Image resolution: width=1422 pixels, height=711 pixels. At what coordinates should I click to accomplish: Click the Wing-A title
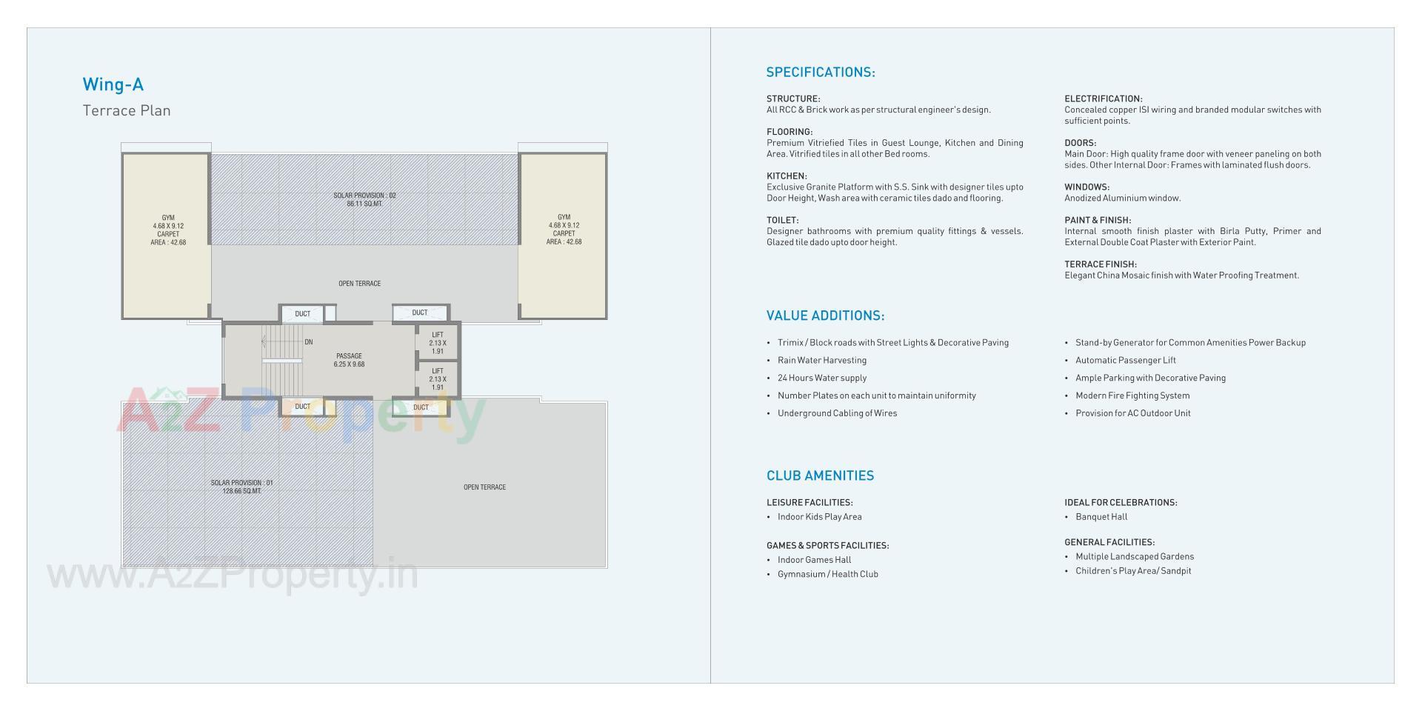113,84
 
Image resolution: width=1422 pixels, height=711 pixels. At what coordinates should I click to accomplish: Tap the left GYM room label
168,230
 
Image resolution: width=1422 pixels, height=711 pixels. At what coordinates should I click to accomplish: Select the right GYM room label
564,230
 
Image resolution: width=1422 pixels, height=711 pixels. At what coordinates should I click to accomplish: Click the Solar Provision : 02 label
364,199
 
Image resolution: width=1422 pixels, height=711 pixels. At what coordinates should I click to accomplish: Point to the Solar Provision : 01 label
241,487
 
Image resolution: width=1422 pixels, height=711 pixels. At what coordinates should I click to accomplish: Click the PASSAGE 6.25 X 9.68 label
349,360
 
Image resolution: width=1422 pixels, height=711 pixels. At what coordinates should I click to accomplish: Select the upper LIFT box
437,343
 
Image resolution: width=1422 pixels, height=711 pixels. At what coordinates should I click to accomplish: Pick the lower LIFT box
437,379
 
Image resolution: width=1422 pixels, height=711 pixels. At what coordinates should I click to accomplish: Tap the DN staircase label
309,342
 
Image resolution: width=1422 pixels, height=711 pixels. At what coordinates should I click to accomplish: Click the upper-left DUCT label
302,314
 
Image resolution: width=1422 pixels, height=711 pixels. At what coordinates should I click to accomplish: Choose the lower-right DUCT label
421,407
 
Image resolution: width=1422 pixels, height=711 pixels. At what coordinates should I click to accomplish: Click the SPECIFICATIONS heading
820,73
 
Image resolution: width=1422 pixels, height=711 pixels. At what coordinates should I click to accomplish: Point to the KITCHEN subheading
786,176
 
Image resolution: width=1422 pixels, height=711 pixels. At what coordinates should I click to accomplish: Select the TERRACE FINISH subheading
1100,264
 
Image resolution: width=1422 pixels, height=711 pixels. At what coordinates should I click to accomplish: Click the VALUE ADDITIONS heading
825,316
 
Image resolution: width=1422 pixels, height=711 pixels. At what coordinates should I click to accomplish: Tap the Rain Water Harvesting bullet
821,361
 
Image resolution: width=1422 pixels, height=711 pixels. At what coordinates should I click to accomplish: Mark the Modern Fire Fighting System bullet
1132,395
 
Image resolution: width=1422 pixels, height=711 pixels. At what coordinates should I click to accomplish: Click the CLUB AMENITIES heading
820,475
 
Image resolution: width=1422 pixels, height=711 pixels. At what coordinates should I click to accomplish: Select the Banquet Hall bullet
1101,517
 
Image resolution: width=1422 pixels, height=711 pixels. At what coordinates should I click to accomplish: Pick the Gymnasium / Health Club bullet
827,574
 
